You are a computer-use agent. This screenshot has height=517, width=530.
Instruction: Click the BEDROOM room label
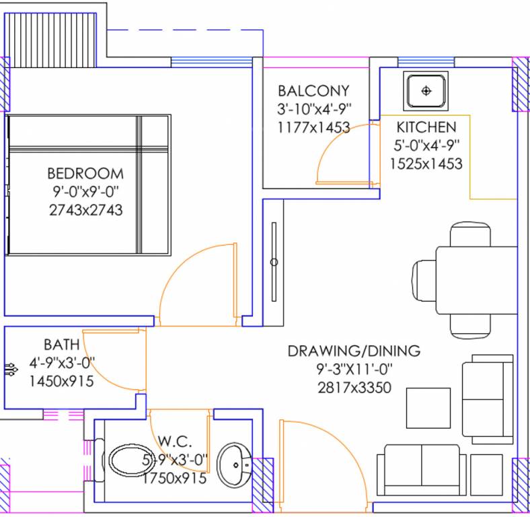coord(85,174)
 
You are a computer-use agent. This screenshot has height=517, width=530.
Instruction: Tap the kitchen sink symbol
coord(425,90)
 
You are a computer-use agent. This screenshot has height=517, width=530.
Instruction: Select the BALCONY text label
coord(313,91)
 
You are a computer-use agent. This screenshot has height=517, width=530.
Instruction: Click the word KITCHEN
coord(426,127)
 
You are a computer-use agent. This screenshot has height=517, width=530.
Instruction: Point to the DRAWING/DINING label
coord(354,351)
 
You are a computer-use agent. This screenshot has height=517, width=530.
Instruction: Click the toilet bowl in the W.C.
coord(128,463)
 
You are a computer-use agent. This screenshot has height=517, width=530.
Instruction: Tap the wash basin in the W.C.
coord(235,464)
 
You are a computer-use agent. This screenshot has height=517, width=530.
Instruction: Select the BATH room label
coord(61,345)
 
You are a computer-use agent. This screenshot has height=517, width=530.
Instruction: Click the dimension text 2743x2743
coord(85,210)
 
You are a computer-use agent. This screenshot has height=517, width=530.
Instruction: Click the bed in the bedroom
coord(87,184)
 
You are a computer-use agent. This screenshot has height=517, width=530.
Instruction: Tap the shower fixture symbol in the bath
coord(11,368)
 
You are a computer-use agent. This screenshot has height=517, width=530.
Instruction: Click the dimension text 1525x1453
coord(426,163)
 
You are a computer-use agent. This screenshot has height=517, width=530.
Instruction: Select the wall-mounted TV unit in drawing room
coord(274,262)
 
